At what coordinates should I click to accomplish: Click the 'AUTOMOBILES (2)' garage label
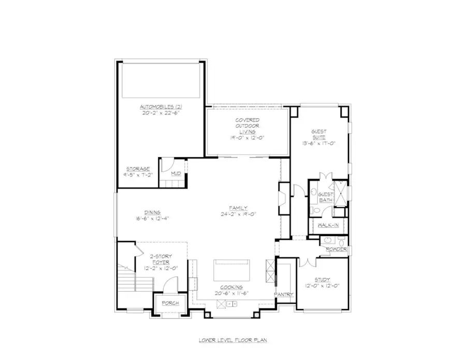pyautogui.click(x=162, y=106)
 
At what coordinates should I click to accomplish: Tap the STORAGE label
pyautogui.click(x=138, y=169)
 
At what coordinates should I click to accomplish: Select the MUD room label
pyautogui.click(x=176, y=173)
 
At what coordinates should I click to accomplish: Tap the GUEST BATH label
pyautogui.click(x=325, y=197)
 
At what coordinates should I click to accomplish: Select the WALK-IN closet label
pyautogui.click(x=328, y=225)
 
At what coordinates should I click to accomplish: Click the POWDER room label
pyautogui.click(x=337, y=249)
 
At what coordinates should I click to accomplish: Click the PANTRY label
pyautogui.click(x=284, y=294)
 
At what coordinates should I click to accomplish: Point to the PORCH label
pyautogui.click(x=170, y=303)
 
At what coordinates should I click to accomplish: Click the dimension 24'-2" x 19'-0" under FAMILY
pyautogui.click(x=239, y=214)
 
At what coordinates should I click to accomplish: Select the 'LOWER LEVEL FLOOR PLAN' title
pyautogui.click(x=232, y=341)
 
